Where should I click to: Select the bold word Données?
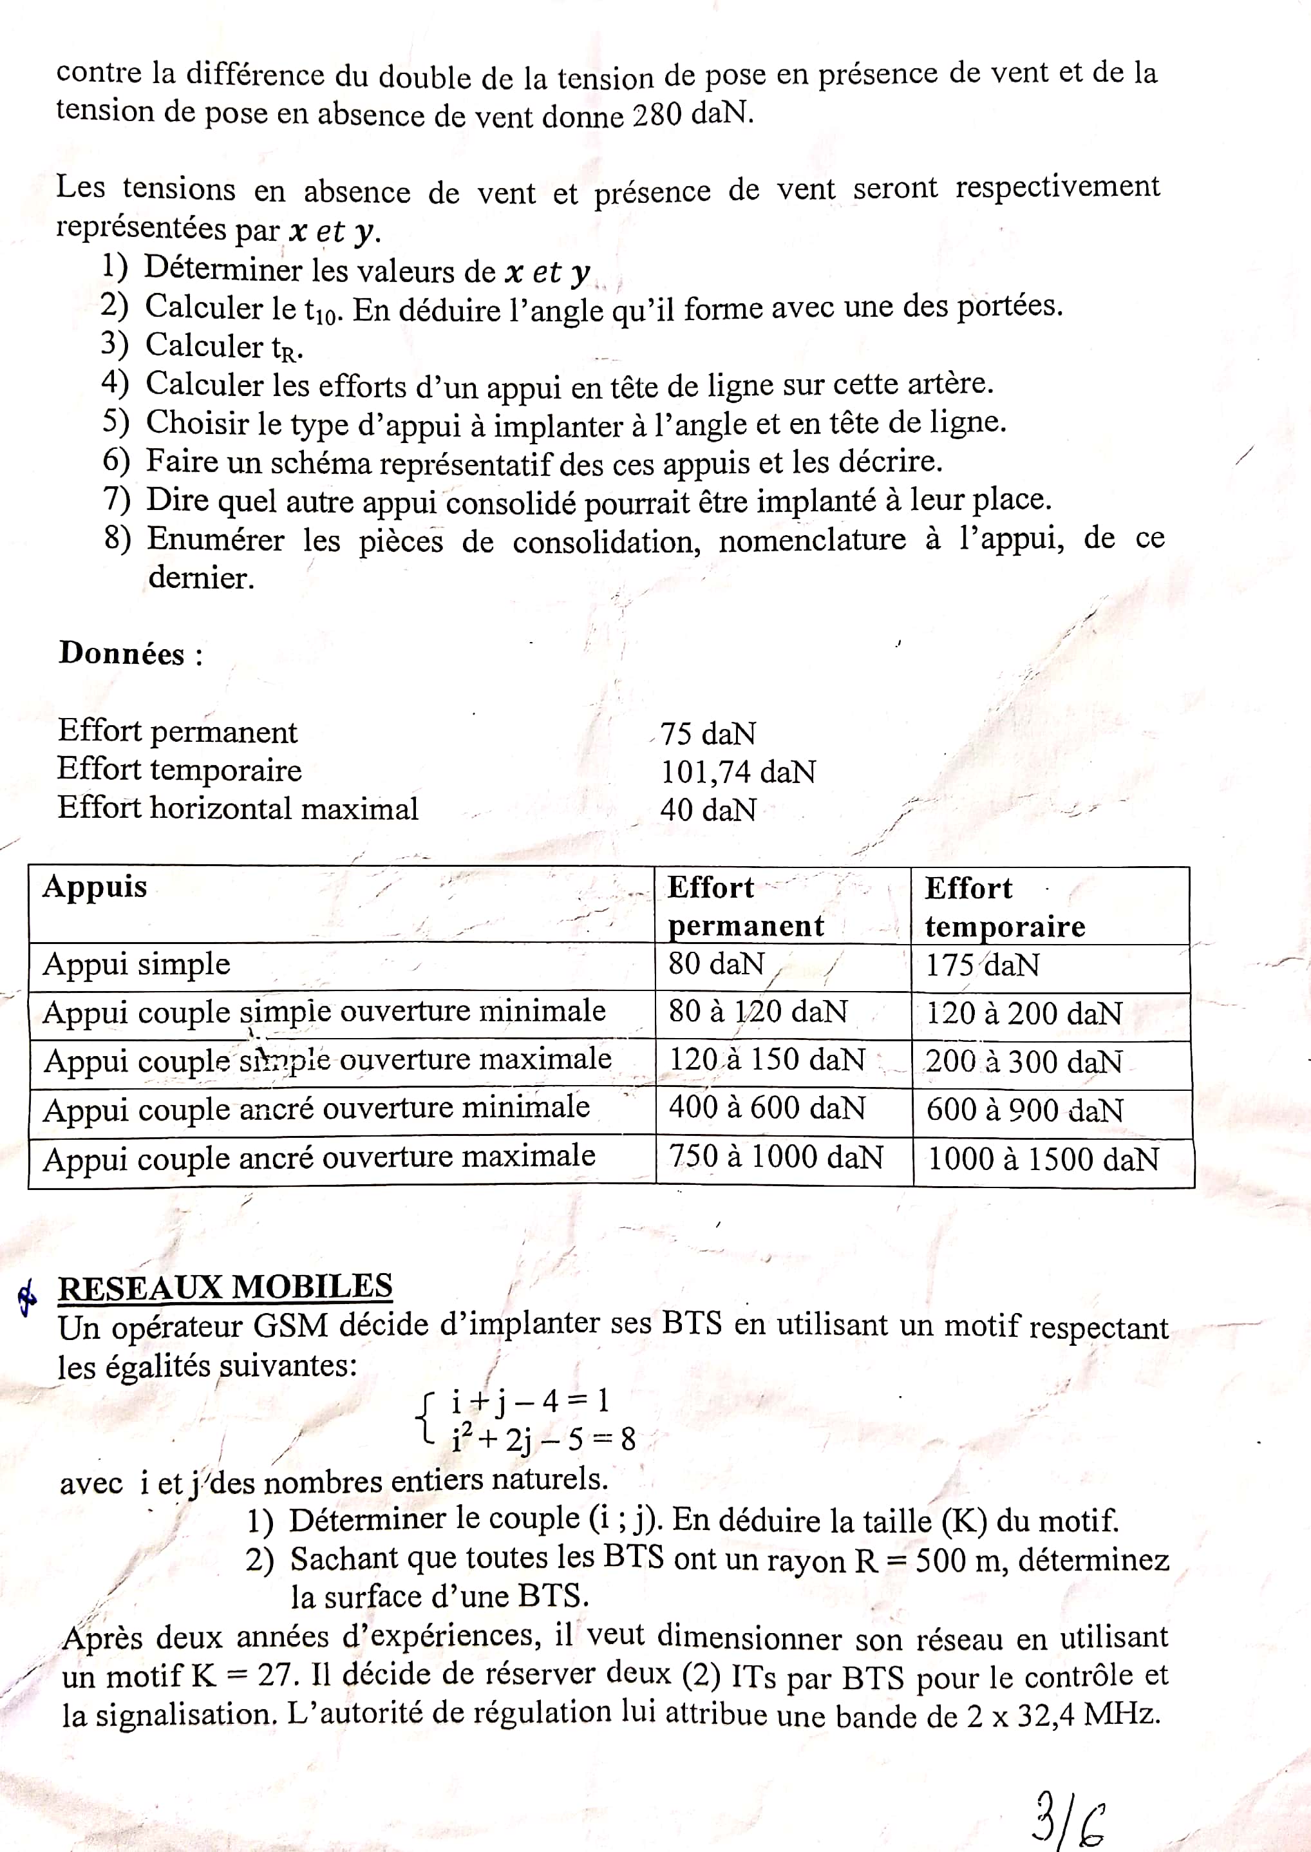point(121,653)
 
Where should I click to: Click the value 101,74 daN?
point(738,772)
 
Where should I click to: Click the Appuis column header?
point(95,887)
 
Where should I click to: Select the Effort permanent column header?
point(745,906)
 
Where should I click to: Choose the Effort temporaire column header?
point(1004,907)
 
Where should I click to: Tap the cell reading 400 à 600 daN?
point(767,1108)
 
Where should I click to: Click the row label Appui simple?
point(137,964)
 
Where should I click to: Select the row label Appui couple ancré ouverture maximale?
point(319,1158)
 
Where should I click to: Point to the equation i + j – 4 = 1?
point(529,1400)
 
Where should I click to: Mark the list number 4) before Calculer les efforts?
point(115,382)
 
